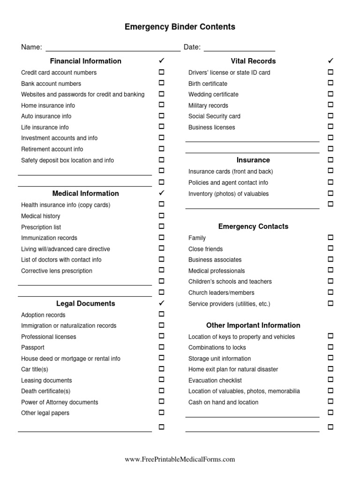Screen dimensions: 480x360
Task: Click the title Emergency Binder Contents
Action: coord(180,27)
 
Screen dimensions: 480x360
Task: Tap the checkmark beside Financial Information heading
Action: coord(162,61)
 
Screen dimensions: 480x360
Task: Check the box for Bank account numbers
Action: coord(162,83)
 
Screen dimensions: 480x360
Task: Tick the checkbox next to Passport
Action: coord(162,347)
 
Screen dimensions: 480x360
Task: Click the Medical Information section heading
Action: coord(86,194)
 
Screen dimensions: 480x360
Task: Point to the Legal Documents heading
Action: coord(86,303)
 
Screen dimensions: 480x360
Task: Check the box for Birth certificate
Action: coord(330,83)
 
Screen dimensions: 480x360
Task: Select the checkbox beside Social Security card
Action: coord(330,116)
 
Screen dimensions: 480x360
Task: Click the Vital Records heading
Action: coord(253,61)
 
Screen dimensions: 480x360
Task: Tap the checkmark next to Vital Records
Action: coord(330,61)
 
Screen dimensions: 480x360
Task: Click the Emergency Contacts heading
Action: coord(253,226)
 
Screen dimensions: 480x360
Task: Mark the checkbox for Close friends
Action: coord(330,248)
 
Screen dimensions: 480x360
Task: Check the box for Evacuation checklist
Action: coord(330,380)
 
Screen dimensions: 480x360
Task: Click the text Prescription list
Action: coord(41,227)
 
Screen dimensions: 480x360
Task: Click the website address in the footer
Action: coord(180,460)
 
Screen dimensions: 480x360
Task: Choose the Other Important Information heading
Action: coord(253,325)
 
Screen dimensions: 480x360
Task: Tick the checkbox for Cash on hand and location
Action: coord(330,402)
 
